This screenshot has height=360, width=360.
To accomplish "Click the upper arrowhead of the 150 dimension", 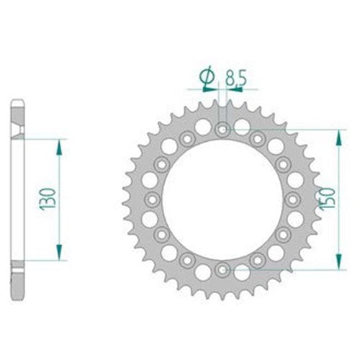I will [x=336, y=135].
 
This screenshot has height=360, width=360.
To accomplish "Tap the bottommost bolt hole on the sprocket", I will [x=222, y=269].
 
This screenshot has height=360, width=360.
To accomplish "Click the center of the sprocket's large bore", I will [x=222, y=199].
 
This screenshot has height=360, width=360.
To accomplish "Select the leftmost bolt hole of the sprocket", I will [x=153, y=199].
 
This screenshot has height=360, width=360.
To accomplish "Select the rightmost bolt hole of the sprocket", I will [x=292, y=199].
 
